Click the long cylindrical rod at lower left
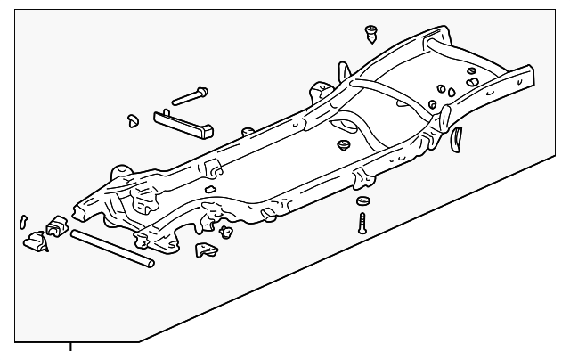[x=112, y=249]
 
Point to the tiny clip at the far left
[x=23, y=220]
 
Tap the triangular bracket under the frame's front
[x=208, y=250]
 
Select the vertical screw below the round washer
[x=363, y=220]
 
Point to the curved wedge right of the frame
[x=458, y=137]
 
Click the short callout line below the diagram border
[x=69, y=348]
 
